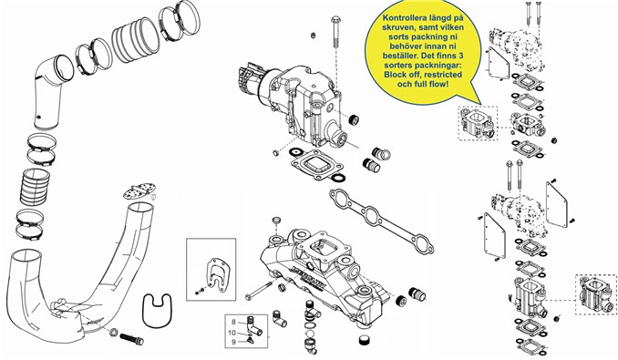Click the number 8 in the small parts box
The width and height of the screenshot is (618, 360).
pos(233,323)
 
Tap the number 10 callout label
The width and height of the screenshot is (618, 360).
pos(232,333)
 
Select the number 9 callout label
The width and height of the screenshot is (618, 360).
pos(233,342)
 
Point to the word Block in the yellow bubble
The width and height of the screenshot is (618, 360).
pos(395,75)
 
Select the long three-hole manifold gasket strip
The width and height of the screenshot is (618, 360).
pos(382,221)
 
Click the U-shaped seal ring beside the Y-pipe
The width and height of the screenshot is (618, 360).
pos(157,311)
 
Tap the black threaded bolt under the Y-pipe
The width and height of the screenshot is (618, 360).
pos(131,338)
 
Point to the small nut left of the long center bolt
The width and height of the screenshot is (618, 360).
pos(314,36)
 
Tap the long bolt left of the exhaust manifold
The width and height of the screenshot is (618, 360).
pos(260,291)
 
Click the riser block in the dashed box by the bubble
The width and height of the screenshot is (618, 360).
pos(478,124)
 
